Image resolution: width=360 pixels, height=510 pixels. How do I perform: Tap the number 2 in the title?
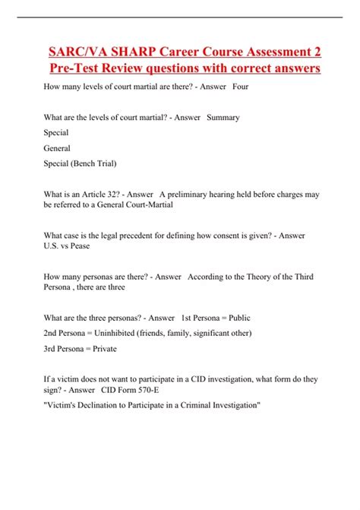(314, 52)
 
